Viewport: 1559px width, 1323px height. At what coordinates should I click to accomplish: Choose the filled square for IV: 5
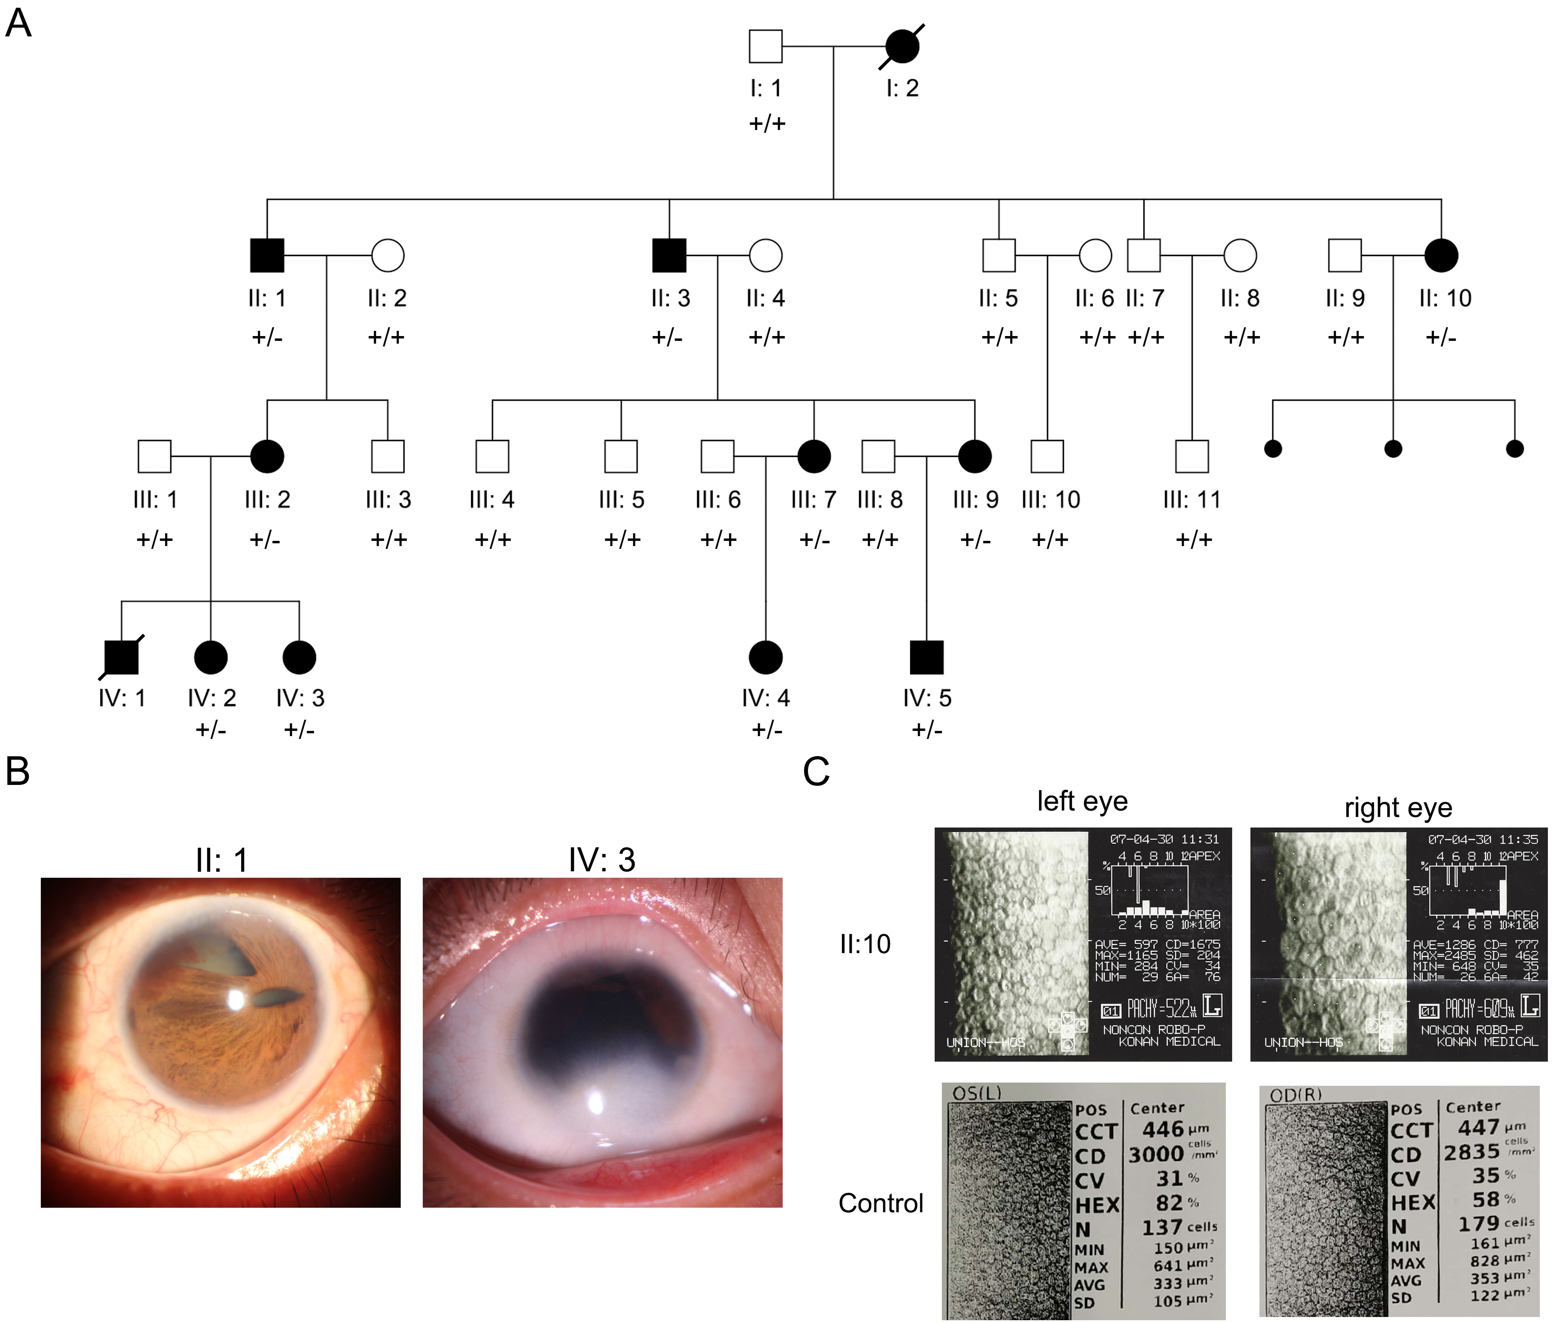(x=926, y=657)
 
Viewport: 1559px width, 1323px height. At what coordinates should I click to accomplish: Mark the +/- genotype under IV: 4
(x=766, y=730)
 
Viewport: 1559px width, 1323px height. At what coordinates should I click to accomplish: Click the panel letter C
(x=816, y=771)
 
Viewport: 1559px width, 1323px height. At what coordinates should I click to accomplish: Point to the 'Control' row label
(x=880, y=1203)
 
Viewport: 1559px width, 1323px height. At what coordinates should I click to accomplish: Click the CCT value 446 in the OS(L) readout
(x=1162, y=1129)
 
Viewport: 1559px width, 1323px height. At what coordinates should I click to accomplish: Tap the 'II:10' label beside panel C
(x=865, y=943)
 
